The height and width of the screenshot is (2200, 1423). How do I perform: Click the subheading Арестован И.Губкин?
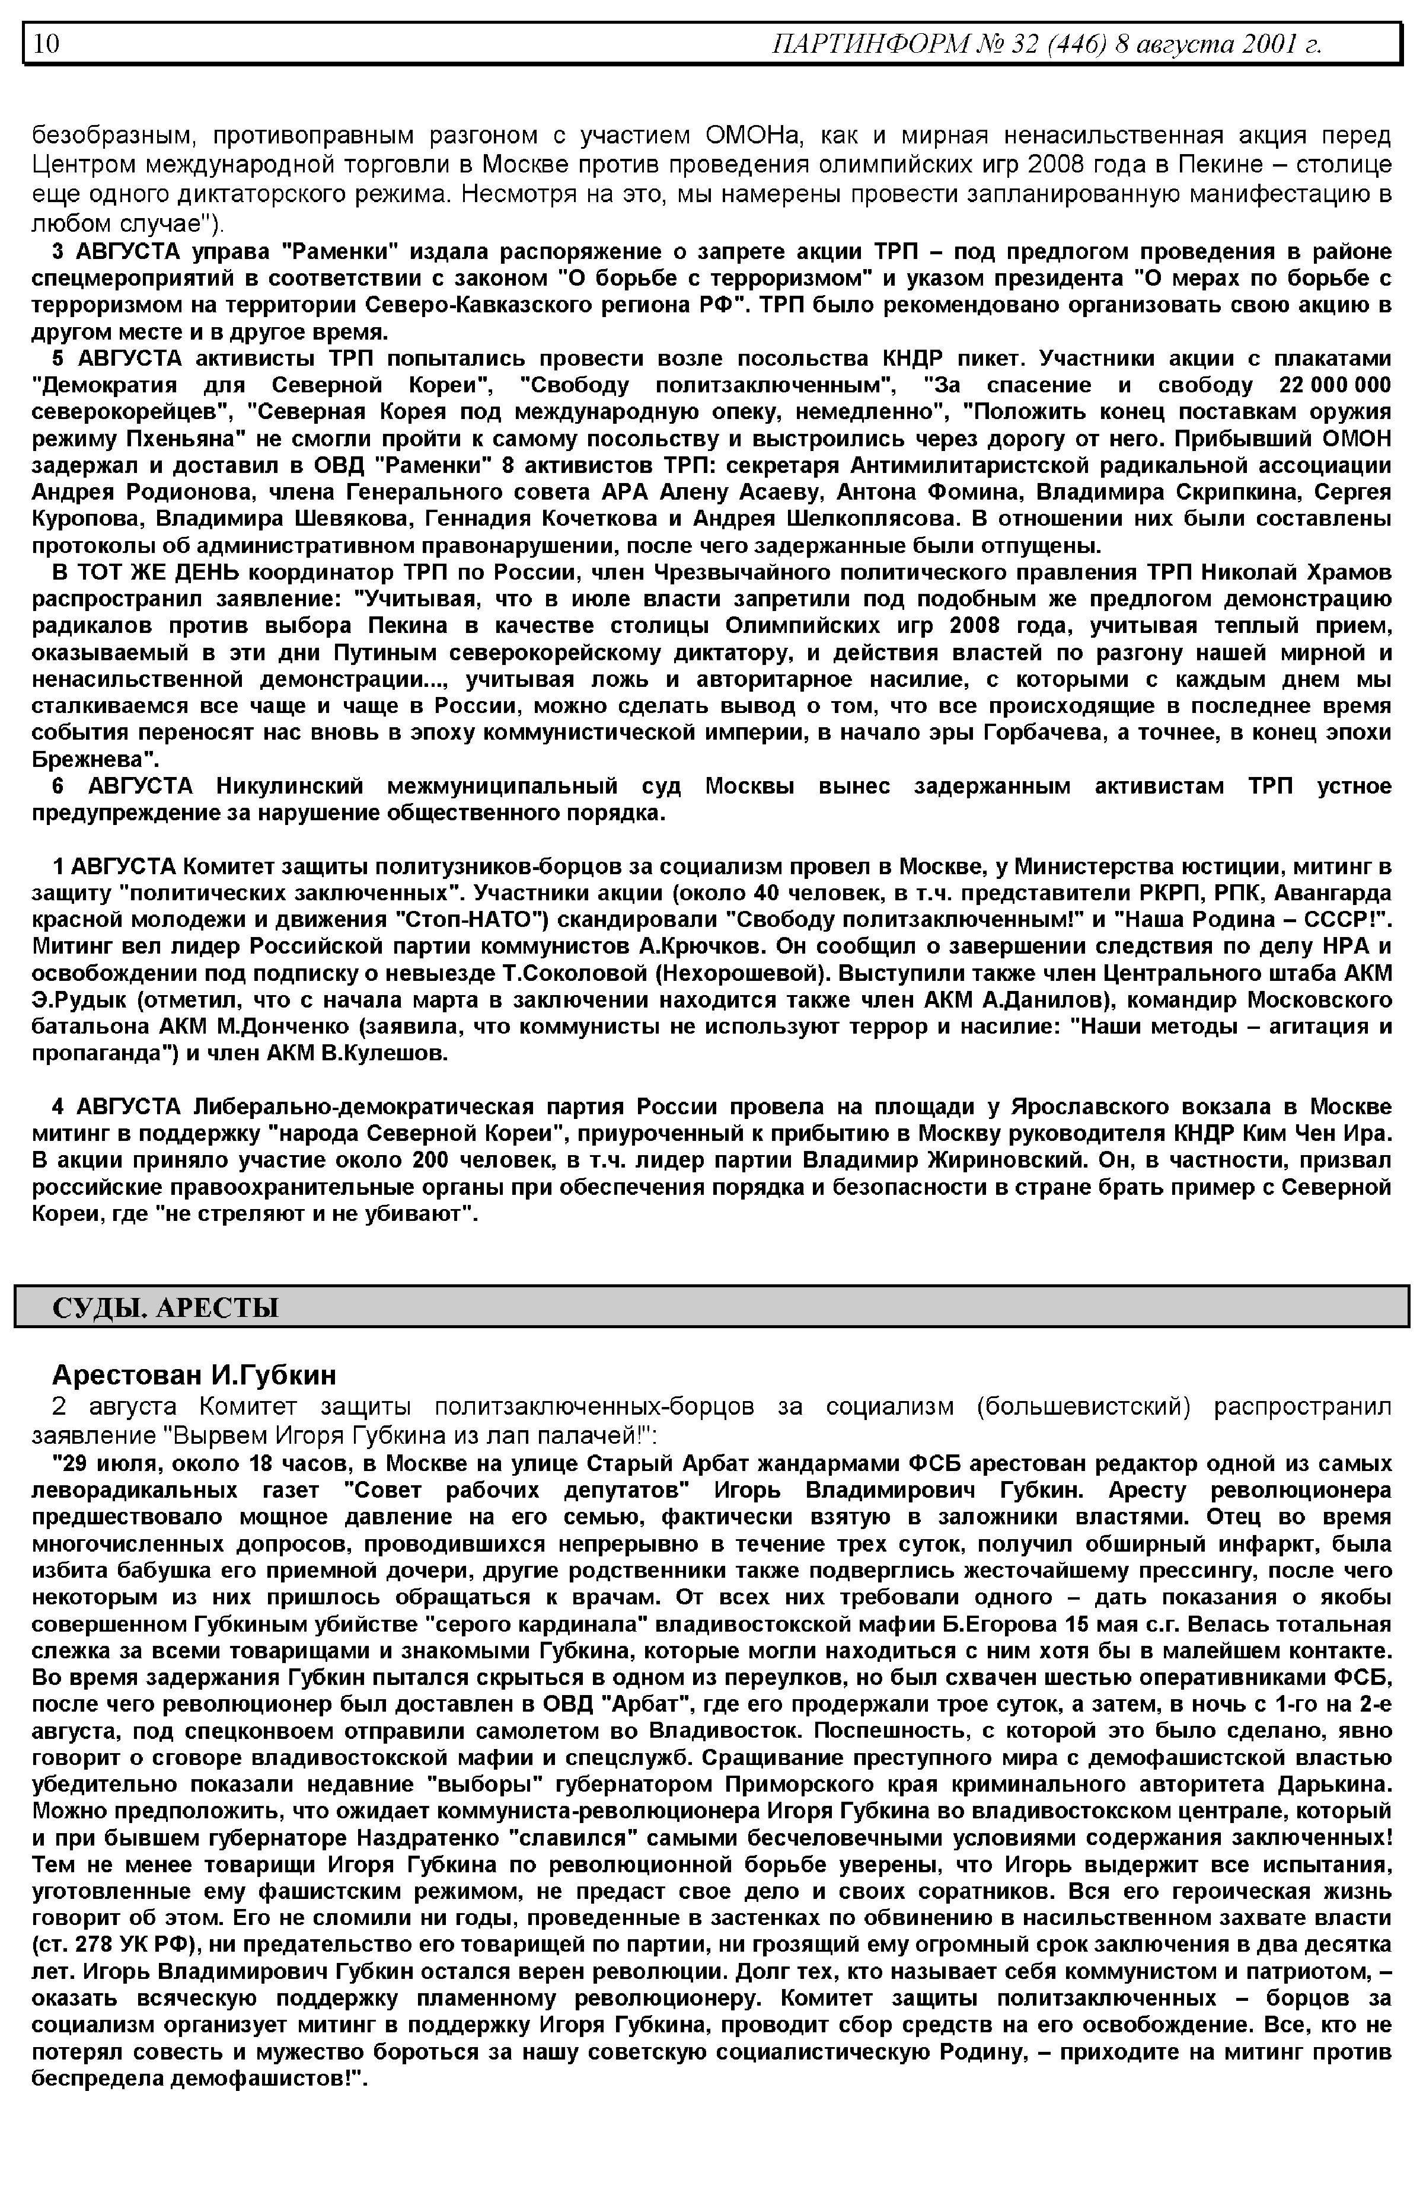[x=194, y=1375]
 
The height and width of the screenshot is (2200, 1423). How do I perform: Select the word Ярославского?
[x=1085, y=1107]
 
